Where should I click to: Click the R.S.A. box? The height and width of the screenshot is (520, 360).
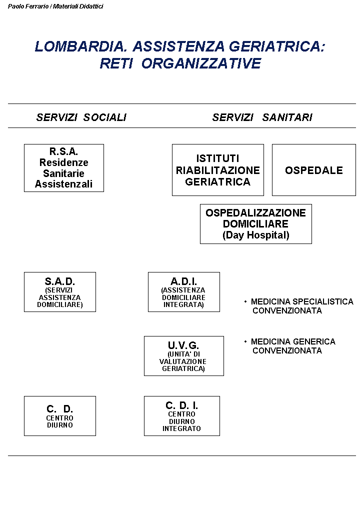64,168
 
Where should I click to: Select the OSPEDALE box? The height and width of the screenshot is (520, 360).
314,170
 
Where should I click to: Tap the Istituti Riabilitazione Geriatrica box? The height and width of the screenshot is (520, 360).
218,170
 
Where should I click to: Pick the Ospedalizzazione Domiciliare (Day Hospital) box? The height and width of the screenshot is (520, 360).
256,223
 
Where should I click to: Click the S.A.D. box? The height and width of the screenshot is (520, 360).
60,292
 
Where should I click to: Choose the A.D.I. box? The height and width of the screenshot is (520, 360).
184,292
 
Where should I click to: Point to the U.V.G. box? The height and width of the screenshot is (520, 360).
184,356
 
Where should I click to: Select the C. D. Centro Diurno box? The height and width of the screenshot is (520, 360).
60,416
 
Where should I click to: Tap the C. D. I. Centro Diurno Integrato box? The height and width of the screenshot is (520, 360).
182,416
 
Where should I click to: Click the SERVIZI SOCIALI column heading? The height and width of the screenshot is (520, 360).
81,117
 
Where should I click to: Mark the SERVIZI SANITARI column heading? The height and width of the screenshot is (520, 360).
262,117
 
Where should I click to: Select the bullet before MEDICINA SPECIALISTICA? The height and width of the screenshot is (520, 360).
245,301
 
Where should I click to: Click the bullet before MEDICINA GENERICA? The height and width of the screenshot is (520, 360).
245,341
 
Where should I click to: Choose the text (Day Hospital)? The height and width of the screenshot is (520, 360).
256,235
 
